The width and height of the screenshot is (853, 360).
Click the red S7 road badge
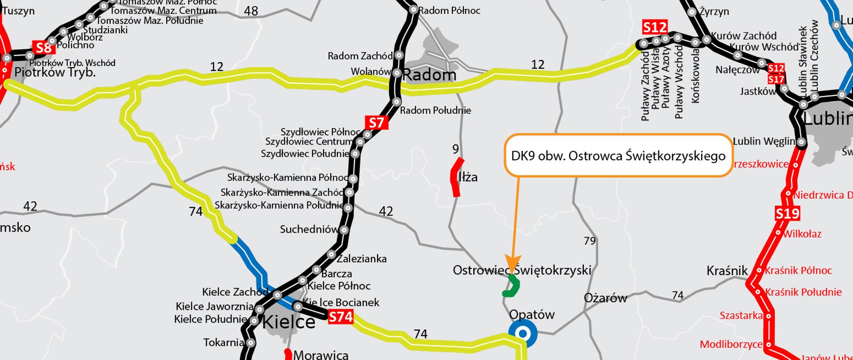pos(376,123)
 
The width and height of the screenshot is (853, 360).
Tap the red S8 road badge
pos(44,48)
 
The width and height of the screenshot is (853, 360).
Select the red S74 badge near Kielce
pos(341,317)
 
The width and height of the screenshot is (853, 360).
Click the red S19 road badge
pos(787,214)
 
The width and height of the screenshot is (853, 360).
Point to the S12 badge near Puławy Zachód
pos(655,28)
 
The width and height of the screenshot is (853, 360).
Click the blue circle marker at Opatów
pos(523,333)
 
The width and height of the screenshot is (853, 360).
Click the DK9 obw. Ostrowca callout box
pos(618,156)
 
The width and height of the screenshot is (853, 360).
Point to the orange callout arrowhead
pos(513,263)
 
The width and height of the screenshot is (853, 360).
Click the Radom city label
pos(429,75)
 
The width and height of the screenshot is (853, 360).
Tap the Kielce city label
pos(289,322)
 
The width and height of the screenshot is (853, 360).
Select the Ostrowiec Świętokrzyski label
pos(522,270)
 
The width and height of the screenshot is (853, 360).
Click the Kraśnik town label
pos(727,271)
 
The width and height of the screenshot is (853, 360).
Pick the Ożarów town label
pos(605,298)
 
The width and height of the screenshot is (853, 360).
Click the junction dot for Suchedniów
pos(344,230)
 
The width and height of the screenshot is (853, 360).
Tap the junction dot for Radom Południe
pos(397,102)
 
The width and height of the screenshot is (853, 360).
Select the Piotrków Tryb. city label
pos(55,72)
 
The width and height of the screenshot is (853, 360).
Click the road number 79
pos(590,241)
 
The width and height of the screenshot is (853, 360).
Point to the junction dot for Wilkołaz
pos(778,233)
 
